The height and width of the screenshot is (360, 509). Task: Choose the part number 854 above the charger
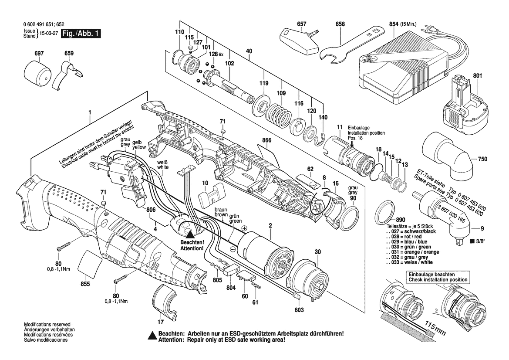point(393,24)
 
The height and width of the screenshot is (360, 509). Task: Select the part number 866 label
point(267,141)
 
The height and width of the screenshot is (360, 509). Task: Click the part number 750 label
point(482,160)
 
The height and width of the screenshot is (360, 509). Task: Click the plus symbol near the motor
point(244,228)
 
